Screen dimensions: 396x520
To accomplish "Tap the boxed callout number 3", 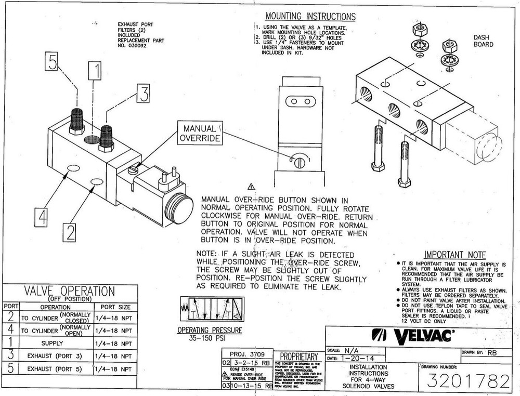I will (143, 94).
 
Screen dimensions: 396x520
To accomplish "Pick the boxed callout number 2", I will (72, 232).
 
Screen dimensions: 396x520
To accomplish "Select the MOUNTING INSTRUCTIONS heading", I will (310, 17).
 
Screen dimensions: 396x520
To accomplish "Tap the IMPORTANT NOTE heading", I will (454, 255).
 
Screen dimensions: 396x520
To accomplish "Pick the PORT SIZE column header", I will (115, 307).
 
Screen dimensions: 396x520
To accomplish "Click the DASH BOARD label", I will (483, 41).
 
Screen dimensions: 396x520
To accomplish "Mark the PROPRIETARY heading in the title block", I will (299, 356).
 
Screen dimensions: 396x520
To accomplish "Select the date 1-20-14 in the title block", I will (357, 359).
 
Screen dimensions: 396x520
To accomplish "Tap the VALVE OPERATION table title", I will (69, 291).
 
